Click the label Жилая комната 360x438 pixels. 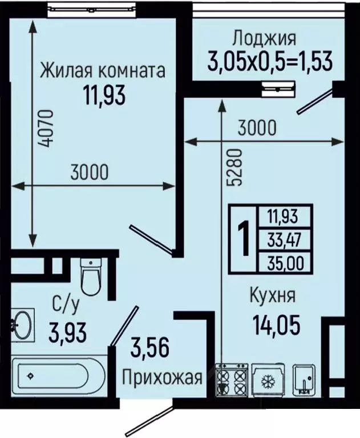pyautogui.click(x=103, y=71)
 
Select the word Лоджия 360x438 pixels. pyautogui.click(x=264, y=39)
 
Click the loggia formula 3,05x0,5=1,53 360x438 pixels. pyautogui.click(x=270, y=59)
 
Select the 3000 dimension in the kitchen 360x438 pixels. pyautogui.click(x=257, y=128)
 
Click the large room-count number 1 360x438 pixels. pyautogui.click(x=244, y=239)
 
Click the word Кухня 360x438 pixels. pyautogui.click(x=272, y=296)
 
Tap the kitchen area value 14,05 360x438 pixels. pyautogui.click(x=276, y=325)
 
